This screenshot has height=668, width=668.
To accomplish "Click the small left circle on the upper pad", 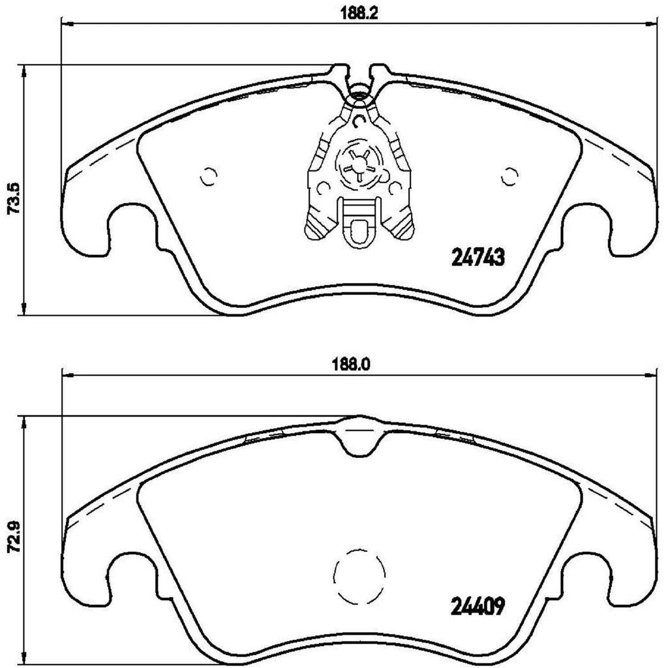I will tap(209, 175).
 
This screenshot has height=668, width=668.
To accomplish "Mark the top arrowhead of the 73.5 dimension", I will tap(24, 70).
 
